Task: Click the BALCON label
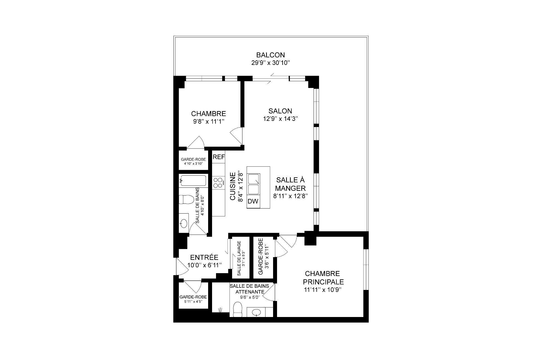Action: point(270,55)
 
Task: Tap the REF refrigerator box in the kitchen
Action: point(219,157)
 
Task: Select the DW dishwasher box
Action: point(253,201)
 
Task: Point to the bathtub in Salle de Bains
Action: point(193,181)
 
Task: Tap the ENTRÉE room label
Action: point(204,257)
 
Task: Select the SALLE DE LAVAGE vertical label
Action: point(239,258)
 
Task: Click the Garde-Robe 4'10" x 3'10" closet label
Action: point(193,161)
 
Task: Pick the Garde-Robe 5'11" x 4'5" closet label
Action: point(193,299)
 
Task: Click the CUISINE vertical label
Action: point(233,186)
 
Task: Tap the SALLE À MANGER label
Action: point(290,184)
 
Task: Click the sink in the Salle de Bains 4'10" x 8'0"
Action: point(184,224)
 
